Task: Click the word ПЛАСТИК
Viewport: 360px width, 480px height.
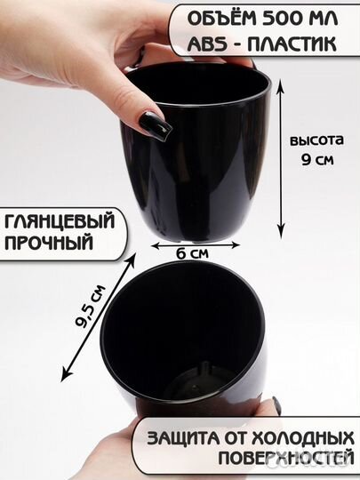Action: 294,44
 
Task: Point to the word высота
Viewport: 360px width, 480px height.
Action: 316,140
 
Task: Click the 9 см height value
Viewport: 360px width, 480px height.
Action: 316,161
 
